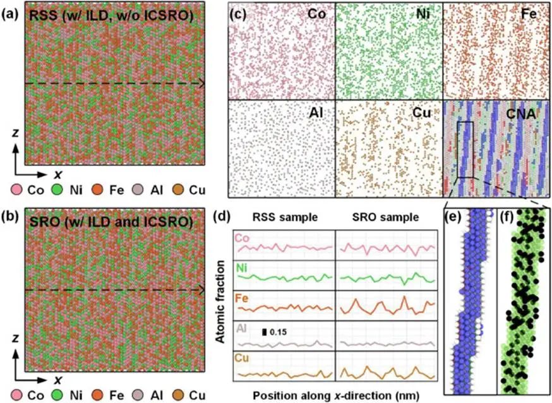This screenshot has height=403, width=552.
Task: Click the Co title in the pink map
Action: [x=316, y=13]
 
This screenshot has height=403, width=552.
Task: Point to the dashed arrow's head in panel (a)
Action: [x=201, y=83]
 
